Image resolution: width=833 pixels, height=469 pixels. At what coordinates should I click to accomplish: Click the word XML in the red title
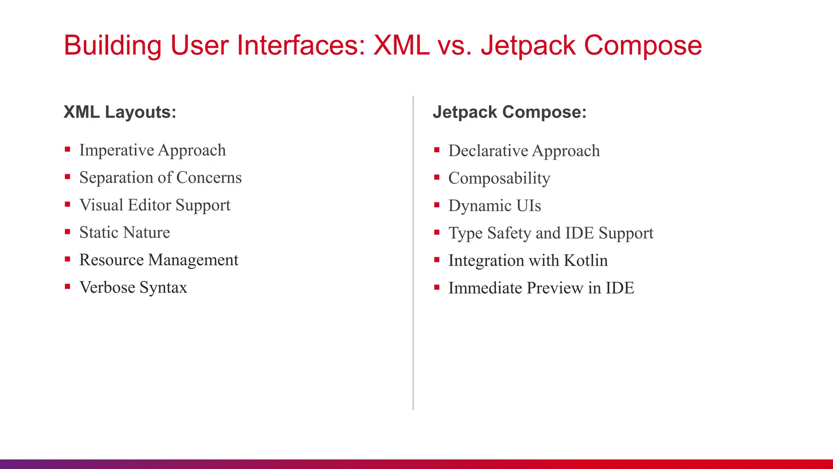tap(401, 45)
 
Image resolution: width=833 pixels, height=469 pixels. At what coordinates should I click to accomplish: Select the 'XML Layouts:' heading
tap(120, 112)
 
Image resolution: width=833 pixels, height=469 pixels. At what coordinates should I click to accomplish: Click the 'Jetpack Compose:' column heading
tap(509, 112)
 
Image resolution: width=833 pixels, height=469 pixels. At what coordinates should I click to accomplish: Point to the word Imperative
tap(116, 150)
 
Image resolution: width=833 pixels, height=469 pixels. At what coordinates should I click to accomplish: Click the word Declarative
tap(488, 151)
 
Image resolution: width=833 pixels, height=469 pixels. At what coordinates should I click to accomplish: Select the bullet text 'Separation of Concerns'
tap(160, 178)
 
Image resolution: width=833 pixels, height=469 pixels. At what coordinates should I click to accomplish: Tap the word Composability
tap(499, 178)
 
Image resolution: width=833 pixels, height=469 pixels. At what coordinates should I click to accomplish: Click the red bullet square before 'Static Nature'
tap(68, 232)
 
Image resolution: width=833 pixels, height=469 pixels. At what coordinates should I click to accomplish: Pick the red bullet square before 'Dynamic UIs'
tap(437, 205)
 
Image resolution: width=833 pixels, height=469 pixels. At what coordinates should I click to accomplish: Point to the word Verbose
tap(107, 287)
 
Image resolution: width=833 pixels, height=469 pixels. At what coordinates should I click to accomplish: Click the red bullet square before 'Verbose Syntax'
tap(68, 287)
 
